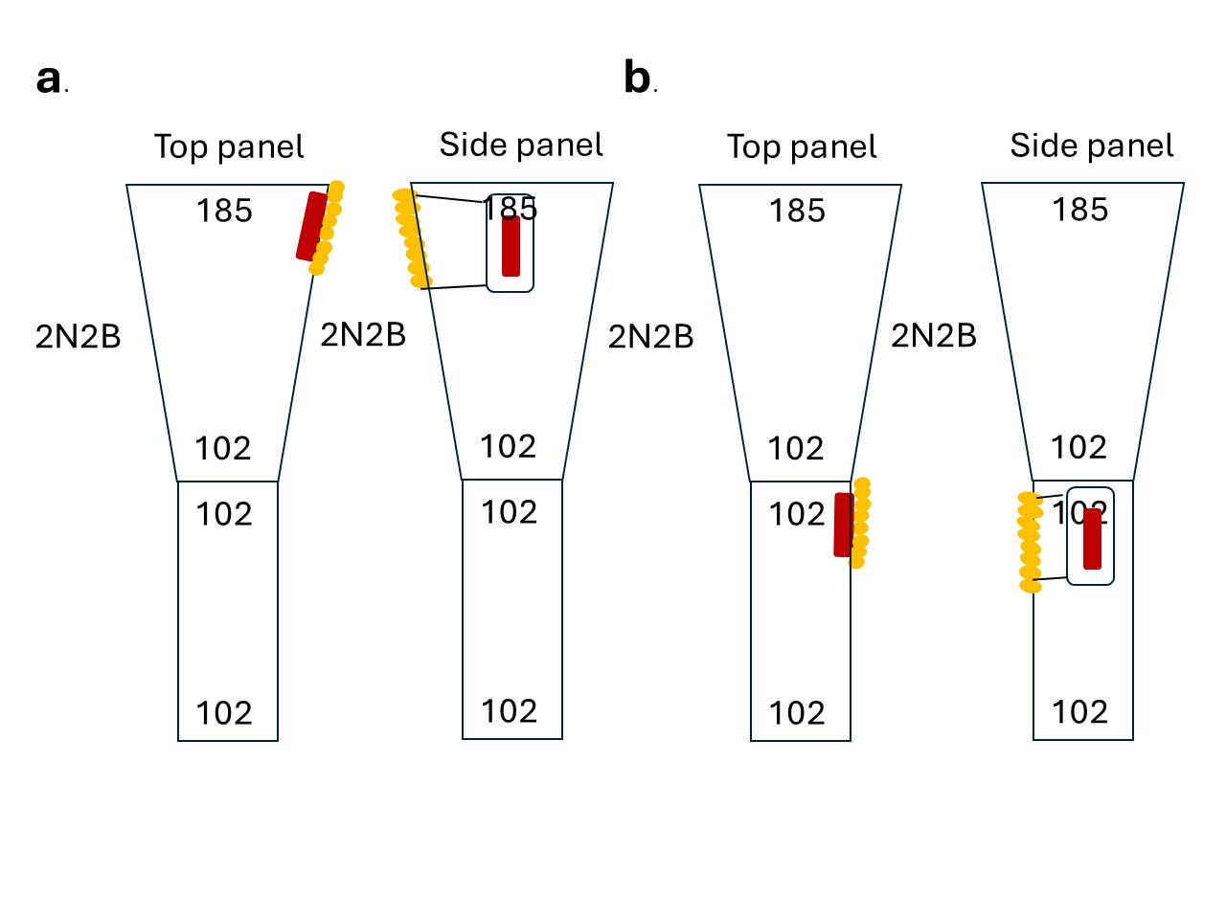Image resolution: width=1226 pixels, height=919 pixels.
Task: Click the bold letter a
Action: coord(49,79)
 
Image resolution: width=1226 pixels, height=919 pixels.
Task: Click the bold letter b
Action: coord(637,77)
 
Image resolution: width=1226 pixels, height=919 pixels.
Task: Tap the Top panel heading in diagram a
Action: coord(229,146)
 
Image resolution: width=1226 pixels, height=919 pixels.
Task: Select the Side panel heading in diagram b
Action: coord(1091,146)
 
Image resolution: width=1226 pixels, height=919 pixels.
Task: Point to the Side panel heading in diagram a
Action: coord(521,146)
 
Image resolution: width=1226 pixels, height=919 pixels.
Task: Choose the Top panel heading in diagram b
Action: coord(802,146)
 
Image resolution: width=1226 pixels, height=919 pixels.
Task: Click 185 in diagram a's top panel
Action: coord(224,211)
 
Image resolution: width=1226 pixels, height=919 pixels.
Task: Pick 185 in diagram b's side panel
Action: coord(1080,210)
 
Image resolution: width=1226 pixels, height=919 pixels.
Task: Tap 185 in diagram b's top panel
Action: coord(797,211)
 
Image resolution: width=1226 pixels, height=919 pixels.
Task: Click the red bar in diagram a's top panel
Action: coord(311,226)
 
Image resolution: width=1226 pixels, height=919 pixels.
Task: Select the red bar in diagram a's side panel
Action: coord(511,246)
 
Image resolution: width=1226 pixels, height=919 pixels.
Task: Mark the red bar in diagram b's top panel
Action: coord(844,525)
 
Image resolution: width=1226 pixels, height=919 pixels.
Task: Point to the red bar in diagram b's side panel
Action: coord(1093,539)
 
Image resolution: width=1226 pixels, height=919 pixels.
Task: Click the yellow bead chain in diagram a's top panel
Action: coord(328,227)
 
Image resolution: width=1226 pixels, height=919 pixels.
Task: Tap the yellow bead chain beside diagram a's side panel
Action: coord(412,238)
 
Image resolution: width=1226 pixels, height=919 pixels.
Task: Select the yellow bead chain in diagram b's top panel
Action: coord(860,523)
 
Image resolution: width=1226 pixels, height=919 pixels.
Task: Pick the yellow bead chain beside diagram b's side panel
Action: coord(1030,542)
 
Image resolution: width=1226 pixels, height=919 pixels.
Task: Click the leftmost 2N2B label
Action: coord(79,336)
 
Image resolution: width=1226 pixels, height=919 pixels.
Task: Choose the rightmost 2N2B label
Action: coord(933,335)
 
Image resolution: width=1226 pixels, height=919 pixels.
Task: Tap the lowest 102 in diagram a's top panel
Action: coord(223,713)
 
